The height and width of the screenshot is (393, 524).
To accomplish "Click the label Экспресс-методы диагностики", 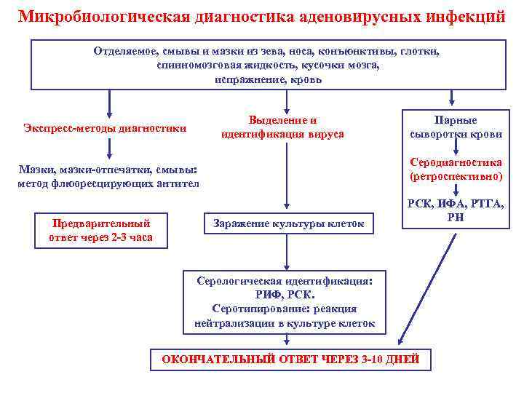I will (x=105, y=128).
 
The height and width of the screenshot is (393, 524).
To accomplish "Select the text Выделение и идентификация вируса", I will (x=283, y=127).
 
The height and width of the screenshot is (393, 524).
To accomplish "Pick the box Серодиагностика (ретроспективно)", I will (x=456, y=170).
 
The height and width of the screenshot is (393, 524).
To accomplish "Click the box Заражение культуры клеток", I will (x=288, y=223).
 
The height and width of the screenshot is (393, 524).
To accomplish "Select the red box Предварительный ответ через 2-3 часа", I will (x=100, y=230).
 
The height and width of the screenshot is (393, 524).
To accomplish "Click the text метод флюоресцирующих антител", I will (x=108, y=183).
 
